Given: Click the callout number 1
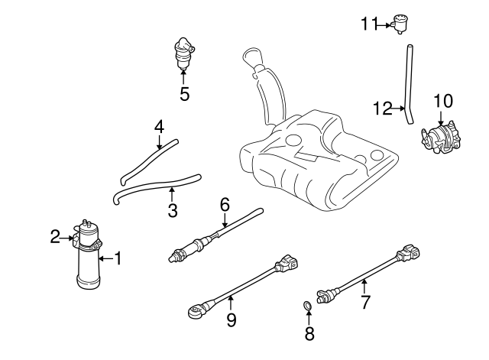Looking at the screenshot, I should coord(118,258).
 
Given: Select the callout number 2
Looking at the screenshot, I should coord(55,238).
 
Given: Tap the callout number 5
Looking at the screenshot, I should coord(183,94).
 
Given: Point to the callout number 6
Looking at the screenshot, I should coord(225,204).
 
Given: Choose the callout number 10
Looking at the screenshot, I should coord(443,100).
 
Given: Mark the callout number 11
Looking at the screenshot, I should coord(370,24).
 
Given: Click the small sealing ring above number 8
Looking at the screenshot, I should coord(307,307).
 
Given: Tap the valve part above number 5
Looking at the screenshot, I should coord(183,52).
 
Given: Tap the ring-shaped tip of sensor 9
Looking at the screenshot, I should coord(195,310).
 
